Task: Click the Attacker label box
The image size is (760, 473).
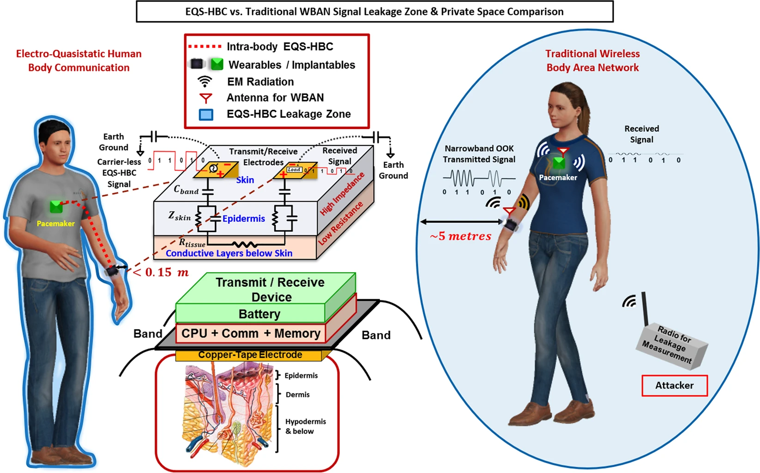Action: click(674, 385)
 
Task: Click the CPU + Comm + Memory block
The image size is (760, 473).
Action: click(250, 334)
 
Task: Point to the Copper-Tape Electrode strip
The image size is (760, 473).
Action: click(250, 355)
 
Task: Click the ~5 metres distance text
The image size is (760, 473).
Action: click(460, 236)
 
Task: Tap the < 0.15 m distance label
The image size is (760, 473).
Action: click(161, 272)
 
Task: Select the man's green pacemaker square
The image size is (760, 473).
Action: click(56, 206)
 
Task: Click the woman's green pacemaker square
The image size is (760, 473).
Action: click(559, 162)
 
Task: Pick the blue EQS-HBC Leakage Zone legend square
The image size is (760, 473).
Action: click(206, 114)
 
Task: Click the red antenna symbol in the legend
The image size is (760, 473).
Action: click(205, 98)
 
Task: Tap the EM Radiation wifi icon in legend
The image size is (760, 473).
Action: click(205, 82)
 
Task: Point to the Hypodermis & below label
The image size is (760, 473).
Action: click(305, 426)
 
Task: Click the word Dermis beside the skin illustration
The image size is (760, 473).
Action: click(297, 395)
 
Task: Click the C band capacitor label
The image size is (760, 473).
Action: click(186, 190)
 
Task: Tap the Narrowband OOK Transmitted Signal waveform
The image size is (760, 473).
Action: click(478, 178)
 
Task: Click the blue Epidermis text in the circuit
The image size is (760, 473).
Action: click(243, 219)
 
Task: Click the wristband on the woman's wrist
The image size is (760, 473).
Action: click(510, 225)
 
